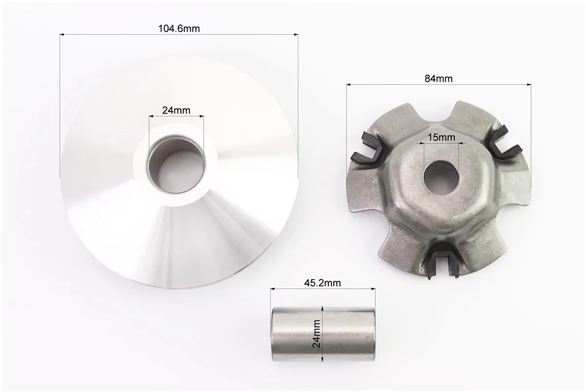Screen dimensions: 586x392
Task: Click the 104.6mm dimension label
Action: [179, 28]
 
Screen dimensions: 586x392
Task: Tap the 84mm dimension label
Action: [439, 78]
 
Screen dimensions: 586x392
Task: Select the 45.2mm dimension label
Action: [322, 283]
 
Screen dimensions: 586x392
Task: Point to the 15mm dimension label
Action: [441, 137]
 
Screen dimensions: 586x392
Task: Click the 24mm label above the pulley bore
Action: [176, 110]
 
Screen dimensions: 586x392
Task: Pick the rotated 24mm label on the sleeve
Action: [317, 334]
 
